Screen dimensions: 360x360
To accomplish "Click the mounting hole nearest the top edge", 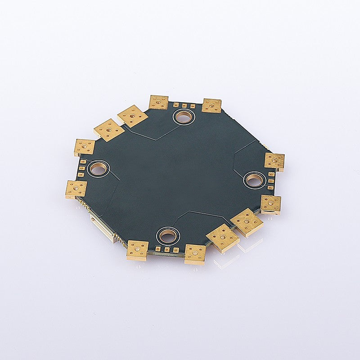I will [183, 117].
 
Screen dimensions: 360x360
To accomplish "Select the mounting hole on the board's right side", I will [254, 180].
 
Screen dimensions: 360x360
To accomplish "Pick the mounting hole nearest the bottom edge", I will [168, 235].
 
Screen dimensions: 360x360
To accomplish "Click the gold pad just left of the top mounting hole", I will [158, 102].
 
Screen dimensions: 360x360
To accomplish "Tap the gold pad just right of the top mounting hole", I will [211, 105].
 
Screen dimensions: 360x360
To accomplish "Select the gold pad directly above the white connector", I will [76, 189].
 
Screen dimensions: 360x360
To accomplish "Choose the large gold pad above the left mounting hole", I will [85, 147].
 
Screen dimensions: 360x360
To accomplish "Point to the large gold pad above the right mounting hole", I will [274, 161].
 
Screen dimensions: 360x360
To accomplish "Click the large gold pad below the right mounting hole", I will [271, 204].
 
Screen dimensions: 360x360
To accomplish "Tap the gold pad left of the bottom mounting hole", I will [137, 250].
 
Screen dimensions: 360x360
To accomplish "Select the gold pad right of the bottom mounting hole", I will [195, 253].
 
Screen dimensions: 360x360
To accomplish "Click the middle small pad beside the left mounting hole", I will [82, 168].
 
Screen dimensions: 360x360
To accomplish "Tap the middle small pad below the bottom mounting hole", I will [167, 249].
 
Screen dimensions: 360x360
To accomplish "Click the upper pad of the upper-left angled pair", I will [133, 116].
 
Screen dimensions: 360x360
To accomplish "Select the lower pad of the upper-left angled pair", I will [109, 130].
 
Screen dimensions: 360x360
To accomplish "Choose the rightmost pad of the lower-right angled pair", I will [247, 222].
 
